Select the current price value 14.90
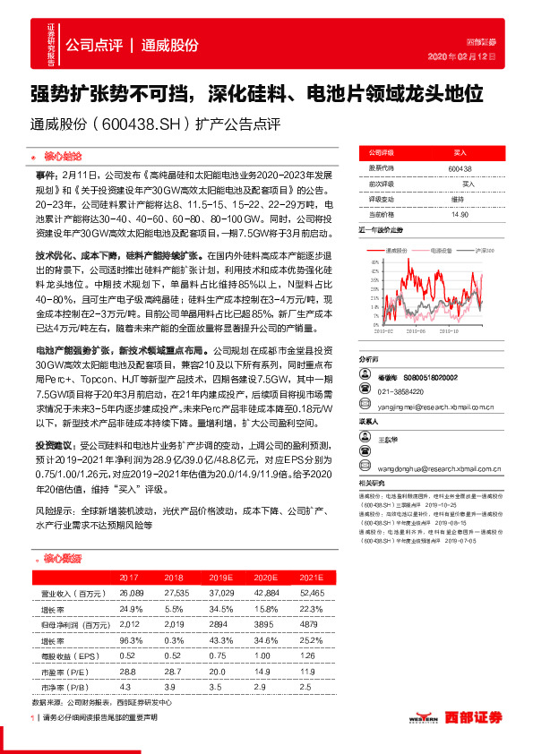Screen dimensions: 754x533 click(x=460, y=214)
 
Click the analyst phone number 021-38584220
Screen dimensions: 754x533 click(x=400, y=392)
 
